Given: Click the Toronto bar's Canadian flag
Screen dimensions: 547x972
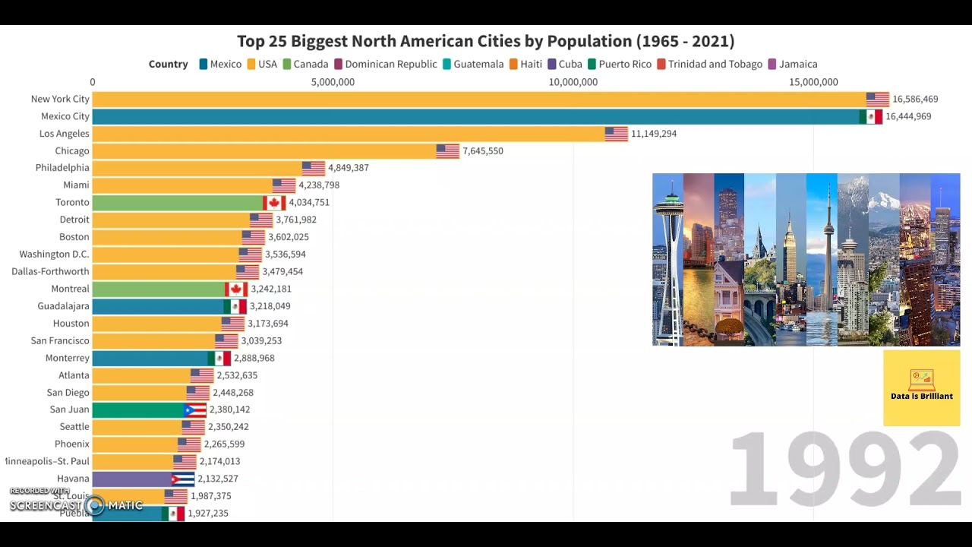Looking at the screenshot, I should (274, 203).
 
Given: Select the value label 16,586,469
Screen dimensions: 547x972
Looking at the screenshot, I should (915, 100).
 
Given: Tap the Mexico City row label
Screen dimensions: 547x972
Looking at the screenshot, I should (65, 116).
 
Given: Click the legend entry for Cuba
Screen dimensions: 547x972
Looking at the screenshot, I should (564, 65).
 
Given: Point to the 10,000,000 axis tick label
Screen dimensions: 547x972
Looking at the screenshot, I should (573, 82).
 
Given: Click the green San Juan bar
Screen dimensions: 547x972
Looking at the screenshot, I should (137, 410).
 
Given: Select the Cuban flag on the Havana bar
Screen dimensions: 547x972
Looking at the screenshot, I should (183, 479).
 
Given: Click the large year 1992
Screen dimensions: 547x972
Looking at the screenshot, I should (844, 470).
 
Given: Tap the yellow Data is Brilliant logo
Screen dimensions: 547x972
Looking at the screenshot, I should (921, 387).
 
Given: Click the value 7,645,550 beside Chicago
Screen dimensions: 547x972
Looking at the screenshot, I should (483, 151).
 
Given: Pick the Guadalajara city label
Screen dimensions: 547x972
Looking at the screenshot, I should (64, 306).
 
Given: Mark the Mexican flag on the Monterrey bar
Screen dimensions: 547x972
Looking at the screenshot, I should (219, 359).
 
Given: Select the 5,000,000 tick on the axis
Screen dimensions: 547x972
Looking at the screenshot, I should (333, 82).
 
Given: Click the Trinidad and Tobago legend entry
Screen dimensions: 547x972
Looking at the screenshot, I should (709, 65).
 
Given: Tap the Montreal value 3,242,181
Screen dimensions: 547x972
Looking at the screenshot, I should (271, 289).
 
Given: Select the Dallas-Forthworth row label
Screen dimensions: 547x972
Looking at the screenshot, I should (50, 272).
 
